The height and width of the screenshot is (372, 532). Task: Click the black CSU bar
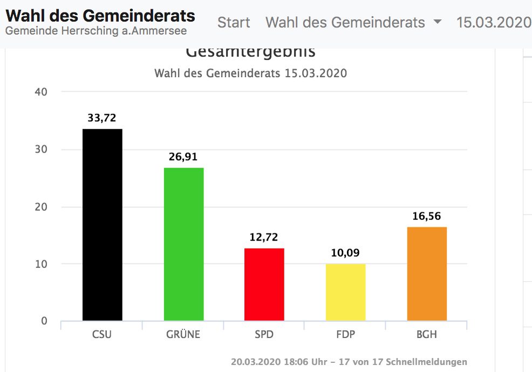102,225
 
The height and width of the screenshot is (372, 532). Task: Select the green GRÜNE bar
183,244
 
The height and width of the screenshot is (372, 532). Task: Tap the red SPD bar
264,284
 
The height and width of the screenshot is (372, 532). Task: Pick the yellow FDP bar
345,292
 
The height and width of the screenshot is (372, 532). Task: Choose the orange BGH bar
427,274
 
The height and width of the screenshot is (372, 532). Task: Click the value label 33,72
102,118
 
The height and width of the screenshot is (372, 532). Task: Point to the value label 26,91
183,157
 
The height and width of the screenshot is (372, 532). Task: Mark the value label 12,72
264,237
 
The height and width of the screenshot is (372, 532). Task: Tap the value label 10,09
345,253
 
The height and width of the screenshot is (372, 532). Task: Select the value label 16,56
427,216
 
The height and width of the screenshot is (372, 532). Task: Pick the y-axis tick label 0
44,321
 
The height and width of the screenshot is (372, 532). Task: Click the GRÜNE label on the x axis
183,335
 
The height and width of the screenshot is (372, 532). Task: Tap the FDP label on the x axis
345,335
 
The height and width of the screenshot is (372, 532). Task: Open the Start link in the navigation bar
234,23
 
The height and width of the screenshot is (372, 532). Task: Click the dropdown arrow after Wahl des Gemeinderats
438,23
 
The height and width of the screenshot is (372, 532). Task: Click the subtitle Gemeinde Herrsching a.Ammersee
96,31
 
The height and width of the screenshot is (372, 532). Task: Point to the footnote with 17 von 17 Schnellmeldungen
349,362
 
